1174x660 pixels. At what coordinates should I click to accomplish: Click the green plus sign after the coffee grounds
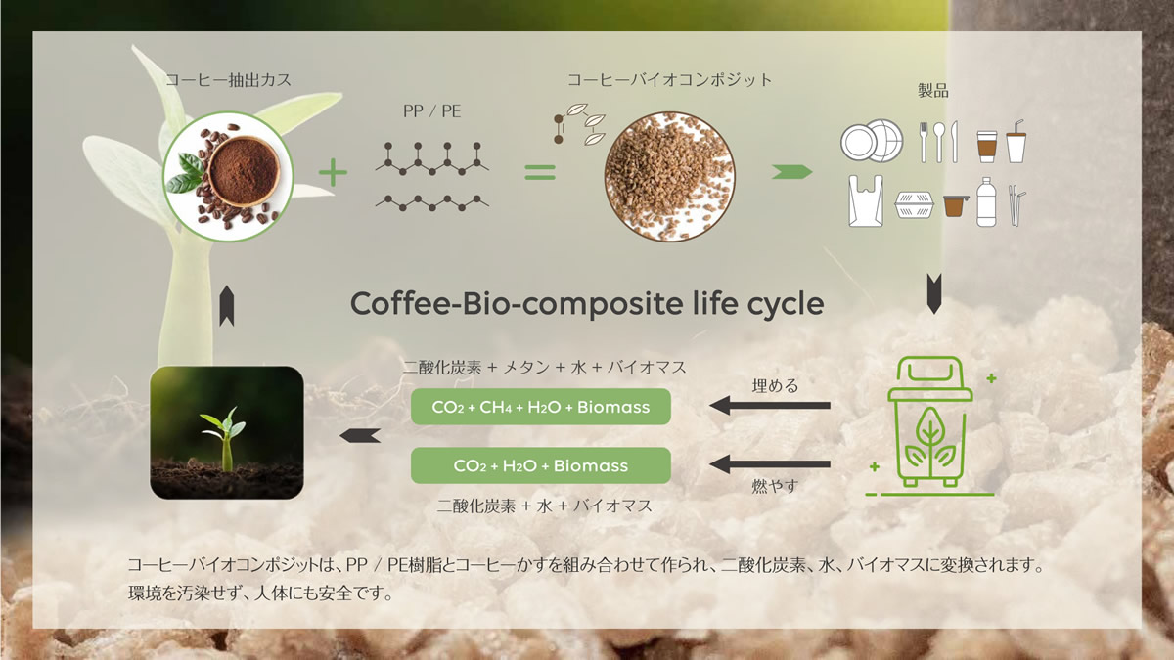pyautogui.click(x=333, y=172)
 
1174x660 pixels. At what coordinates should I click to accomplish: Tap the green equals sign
pyautogui.click(x=540, y=172)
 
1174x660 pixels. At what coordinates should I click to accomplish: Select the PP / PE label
pyautogui.click(x=431, y=111)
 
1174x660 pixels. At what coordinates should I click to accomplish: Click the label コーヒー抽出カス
pyautogui.click(x=229, y=80)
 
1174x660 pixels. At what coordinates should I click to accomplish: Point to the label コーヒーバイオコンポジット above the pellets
pyautogui.click(x=670, y=80)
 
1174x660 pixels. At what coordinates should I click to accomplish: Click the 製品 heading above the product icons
pyautogui.click(x=933, y=91)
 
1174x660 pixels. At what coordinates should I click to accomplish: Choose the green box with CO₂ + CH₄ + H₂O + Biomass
pyautogui.click(x=540, y=407)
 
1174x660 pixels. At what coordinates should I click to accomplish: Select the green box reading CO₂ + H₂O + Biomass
pyautogui.click(x=540, y=465)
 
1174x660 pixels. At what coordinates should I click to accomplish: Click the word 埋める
pyautogui.click(x=775, y=386)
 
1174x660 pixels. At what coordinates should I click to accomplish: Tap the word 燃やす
pyautogui.click(x=775, y=486)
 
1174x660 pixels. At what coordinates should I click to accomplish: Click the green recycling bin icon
pyautogui.click(x=929, y=422)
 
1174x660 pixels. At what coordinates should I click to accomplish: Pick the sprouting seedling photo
pyautogui.click(x=227, y=432)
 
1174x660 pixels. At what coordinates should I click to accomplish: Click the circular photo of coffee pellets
pyautogui.click(x=669, y=177)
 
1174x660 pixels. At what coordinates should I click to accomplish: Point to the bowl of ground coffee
pyautogui.click(x=243, y=171)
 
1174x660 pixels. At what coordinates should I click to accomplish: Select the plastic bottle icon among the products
pyautogui.click(x=986, y=202)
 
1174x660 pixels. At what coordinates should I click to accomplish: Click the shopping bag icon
pyautogui.click(x=866, y=201)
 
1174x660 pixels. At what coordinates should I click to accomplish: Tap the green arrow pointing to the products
pyautogui.click(x=791, y=172)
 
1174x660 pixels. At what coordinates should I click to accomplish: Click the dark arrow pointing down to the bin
pyautogui.click(x=934, y=293)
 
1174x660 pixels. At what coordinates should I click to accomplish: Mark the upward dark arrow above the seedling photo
pyautogui.click(x=226, y=306)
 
